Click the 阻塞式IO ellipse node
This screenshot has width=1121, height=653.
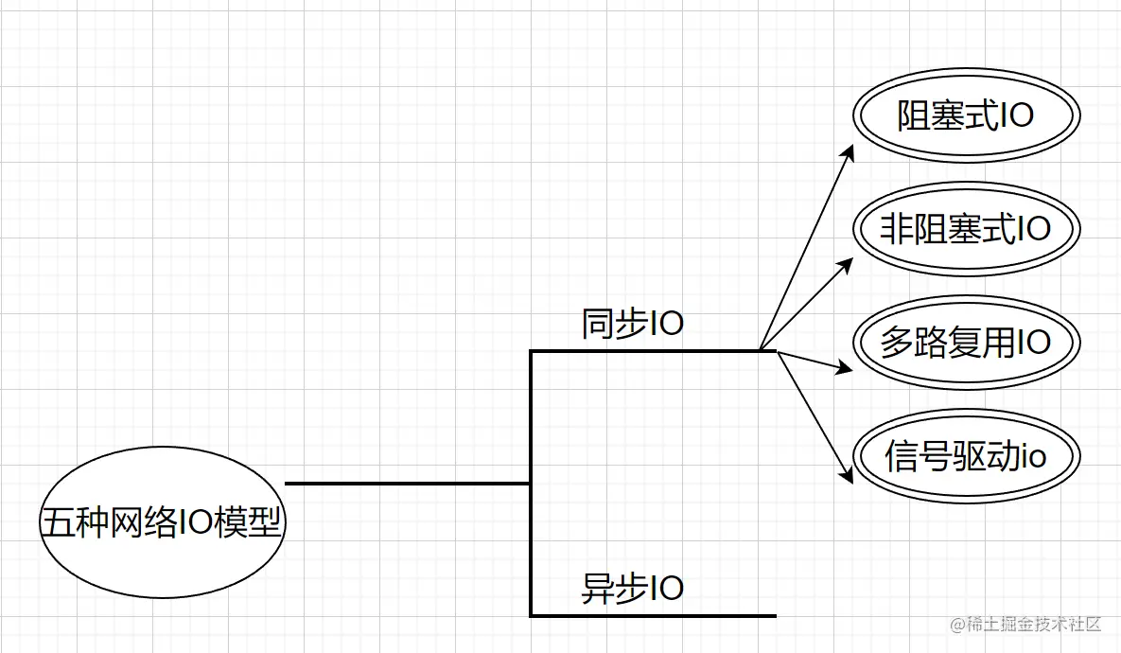coord(966,115)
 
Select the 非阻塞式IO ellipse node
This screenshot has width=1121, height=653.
coord(966,229)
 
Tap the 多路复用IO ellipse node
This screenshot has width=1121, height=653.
coord(966,342)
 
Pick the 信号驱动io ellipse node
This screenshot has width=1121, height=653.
coord(966,456)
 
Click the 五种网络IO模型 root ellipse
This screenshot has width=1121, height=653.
coord(162,522)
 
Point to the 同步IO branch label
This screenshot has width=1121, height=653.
coord(632,325)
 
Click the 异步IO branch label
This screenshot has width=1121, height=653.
coord(632,589)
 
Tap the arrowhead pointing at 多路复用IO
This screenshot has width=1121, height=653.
coord(845,367)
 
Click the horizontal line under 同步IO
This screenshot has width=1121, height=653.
coord(643,351)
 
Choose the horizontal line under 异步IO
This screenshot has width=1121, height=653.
coord(653,615)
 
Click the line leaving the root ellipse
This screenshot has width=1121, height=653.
coord(407,484)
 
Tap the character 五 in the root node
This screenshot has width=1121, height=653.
coord(56,523)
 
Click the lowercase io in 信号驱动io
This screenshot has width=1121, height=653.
coord(1034,457)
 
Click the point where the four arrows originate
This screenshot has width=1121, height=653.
coord(762,350)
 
